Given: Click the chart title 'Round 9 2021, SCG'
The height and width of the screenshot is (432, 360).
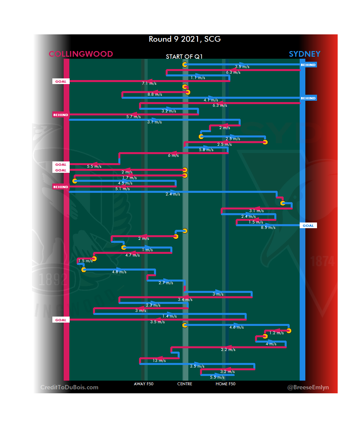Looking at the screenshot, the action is [x=185, y=39].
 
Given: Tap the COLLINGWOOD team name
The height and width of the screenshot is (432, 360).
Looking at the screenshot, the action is [x=81, y=54].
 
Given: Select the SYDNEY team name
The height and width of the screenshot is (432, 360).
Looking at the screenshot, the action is [x=304, y=54].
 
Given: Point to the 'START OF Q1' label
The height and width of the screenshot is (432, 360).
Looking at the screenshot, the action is [x=184, y=57].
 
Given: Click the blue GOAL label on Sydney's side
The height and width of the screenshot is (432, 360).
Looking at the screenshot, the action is [x=308, y=226].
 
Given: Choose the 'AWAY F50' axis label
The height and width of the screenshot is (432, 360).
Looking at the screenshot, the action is [x=144, y=384].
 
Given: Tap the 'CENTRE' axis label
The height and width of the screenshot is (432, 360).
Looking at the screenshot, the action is [x=185, y=384].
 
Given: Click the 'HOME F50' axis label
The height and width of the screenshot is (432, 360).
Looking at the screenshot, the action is [x=225, y=384].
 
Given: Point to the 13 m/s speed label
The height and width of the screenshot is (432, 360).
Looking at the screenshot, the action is [x=159, y=361].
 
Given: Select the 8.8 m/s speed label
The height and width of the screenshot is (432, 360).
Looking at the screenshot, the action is [x=155, y=94].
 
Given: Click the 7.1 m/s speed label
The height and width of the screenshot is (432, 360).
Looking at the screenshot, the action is [x=149, y=83].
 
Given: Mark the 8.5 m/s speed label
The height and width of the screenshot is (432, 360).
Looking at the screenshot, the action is [x=268, y=228].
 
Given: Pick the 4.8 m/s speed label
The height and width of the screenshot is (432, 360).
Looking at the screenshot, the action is [x=119, y=272].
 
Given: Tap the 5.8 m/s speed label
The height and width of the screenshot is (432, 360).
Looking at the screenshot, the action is [x=206, y=150].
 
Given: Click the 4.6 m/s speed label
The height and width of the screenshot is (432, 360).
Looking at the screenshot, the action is [x=237, y=327].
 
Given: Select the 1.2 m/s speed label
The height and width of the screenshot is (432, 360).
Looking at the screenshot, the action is [x=277, y=333].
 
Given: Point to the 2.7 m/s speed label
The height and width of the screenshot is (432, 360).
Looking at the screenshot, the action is [x=166, y=283].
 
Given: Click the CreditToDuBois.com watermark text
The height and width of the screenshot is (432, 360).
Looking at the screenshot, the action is [x=69, y=387].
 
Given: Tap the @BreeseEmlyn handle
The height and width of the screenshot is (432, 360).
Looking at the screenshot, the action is [x=308, y=387].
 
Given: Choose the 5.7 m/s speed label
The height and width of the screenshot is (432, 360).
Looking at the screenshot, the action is [x=134, y=117].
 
